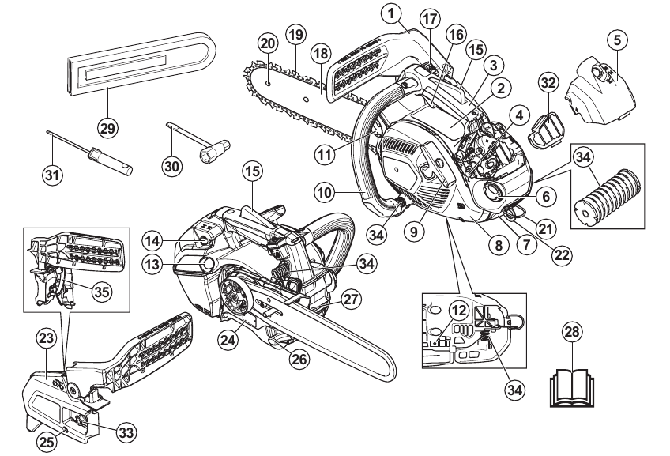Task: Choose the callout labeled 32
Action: (548, 83)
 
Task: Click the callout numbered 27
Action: (352, 299)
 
